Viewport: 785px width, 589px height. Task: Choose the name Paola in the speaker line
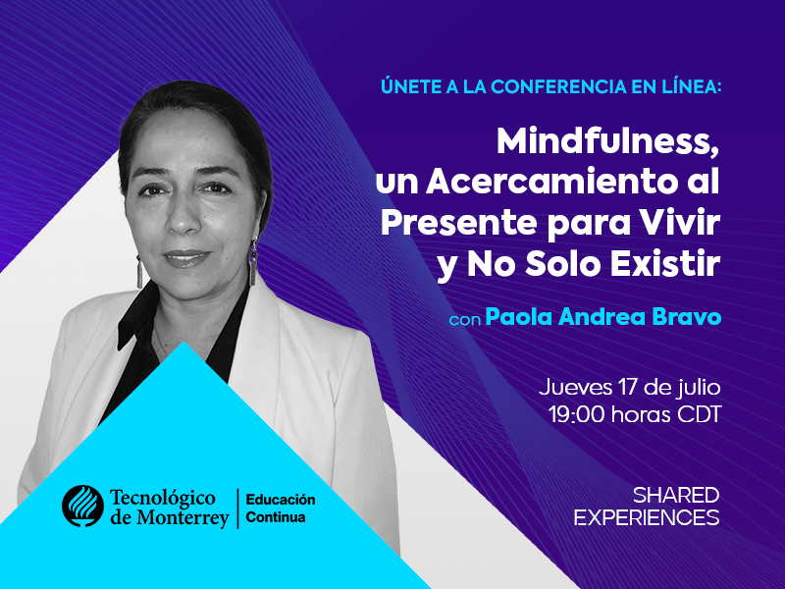click(x=519, y=317)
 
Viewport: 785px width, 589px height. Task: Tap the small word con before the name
click(x=465, y=320)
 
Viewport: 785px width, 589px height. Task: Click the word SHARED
click(x=676, y=496)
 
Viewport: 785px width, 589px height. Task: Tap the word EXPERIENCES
click(x=647, y=517)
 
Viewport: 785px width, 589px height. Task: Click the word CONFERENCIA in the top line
click(x=558, y=86)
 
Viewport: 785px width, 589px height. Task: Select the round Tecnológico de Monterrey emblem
click(x=82, y=506)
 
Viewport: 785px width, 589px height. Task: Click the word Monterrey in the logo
click(x=183, y=518)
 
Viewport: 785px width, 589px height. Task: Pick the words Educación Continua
click(x=281, y=508)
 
